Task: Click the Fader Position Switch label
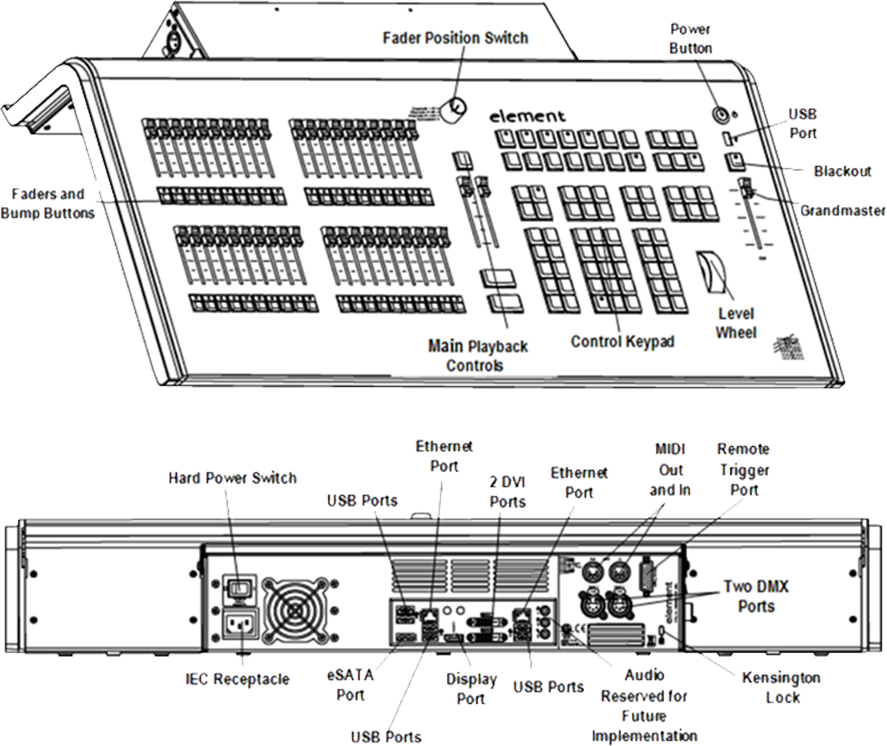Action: [x=455, y=38]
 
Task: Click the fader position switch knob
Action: [x=455, y=108]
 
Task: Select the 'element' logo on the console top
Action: [x=527, y=116]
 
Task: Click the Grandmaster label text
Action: [x=842, y=211]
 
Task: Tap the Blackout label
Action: [x=842, y=171]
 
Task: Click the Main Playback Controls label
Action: [x=477, y=356]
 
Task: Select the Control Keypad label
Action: [x=622, y=341]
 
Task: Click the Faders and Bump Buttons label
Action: [x=48, y=203]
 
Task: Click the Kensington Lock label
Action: [x=781, y=687]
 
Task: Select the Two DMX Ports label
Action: [x=756, y=596]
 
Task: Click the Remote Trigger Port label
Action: [x=743, y=469]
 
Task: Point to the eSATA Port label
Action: [x=350, y=685]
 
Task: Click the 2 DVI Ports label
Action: [x=507, y=492]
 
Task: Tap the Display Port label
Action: [x=471, y=689]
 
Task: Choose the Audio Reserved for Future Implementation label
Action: [x=644, y=706]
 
